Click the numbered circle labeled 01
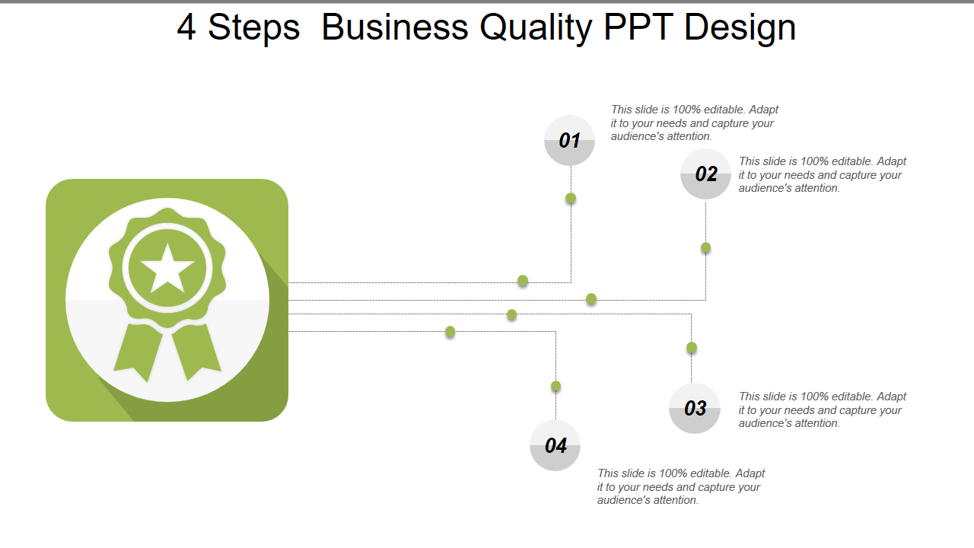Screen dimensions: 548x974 pyautogui.click(x=569, y=140)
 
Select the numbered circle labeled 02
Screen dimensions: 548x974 pyautogui.click(x=705, y=174)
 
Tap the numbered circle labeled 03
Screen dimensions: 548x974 pyautogui.click(x=695, y=409)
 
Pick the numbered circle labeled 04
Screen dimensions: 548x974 pyautogui.click(x=555, y=445)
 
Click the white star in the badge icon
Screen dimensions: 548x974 pyautogui.click(x=167, y=268)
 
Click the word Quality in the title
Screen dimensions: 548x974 pyautogui.click(x=536, y=28)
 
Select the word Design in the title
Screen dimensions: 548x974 pyautogui.click(x=740, y=28)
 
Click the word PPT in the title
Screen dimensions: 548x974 pyautogui.click(x=638, y=28)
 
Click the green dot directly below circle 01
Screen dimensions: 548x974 pyautogui.click(x=571, y=199)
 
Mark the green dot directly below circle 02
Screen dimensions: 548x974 pyautogui.click(x=706, y=247)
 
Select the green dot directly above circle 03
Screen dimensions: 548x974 pyautogui.click(x=692, y=348)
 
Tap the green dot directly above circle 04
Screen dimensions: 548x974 pyautogui.click(x=556, y=386)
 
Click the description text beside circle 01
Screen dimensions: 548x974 pyautogui.click(x=694, y=123)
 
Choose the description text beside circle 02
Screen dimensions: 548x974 pyautogui.click(x=822, y=175)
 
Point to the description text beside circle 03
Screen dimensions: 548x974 pyautogui.click(x=822, y=409)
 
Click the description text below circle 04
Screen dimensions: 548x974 pyautogui.click(x=680, y=486)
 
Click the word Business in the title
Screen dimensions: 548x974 pyautogui.click(x=394, y=28)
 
